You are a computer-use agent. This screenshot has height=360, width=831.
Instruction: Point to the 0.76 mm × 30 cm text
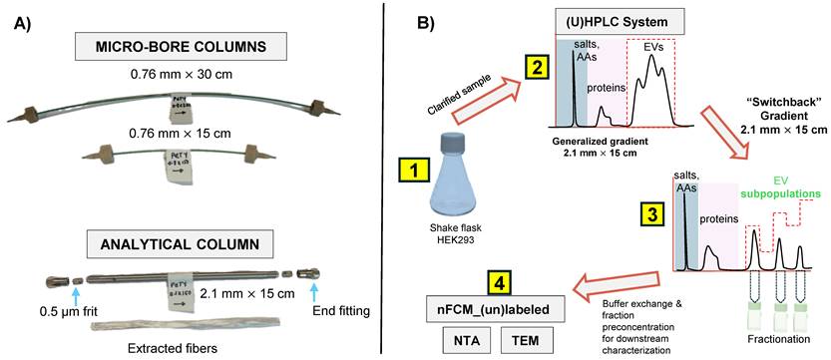(204, 73)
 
